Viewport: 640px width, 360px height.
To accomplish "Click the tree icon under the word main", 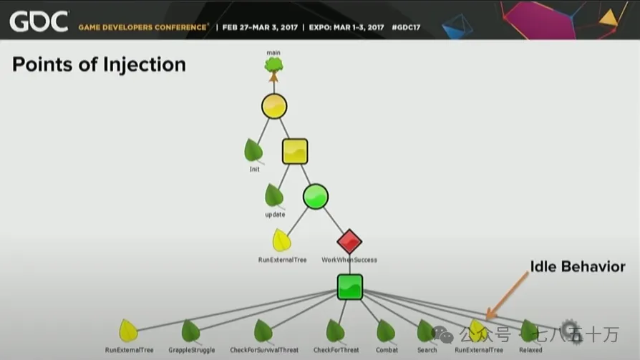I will pos(273,66).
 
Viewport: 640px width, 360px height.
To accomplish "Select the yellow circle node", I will pos(274,107).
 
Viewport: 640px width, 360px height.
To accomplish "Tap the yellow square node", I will pos(294,152).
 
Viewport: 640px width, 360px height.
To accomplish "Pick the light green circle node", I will pos(315,196).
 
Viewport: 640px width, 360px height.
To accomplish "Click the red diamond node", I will pos(349,242).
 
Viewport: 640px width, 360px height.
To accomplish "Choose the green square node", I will pos(350,287).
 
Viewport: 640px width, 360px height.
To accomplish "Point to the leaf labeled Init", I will pos(253,150).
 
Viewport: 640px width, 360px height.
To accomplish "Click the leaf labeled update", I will pos(274,195).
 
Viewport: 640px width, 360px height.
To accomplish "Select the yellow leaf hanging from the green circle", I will pos(281,240).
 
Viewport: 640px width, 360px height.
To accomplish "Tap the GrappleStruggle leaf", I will pos(190,331).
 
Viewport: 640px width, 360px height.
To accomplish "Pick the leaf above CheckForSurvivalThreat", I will pos(263,331).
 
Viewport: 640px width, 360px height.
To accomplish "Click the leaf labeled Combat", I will pos(386,331).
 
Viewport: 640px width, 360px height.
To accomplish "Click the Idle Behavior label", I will pos(577,267).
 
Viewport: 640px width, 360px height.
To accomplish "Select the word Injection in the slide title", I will pos(145,64).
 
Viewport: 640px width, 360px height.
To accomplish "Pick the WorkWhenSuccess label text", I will pos(349,260).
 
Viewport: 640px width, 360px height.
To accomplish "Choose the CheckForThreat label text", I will pos(335,350).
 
